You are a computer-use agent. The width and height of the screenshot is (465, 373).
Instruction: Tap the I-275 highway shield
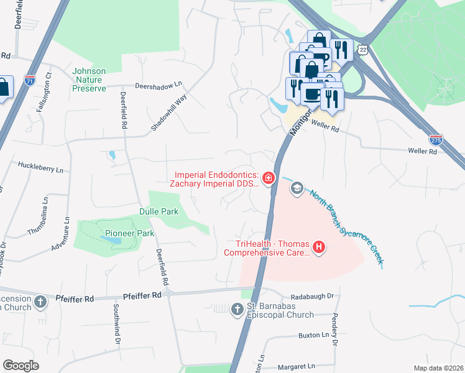pyautogui.click(x=436, y=140)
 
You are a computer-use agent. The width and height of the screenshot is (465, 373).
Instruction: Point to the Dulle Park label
pyautogui.click(x=159, y=212)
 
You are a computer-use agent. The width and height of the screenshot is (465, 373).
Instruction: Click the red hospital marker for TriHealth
pyautogui.click(x=319, y=247)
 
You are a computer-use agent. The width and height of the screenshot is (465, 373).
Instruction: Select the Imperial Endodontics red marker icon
pyautogui.click(x=269, y=179)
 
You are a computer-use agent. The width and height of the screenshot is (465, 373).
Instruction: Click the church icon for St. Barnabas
pyautogui.click(x=237, y=309)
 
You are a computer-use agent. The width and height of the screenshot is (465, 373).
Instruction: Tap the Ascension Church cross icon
pyautogui.click(x=40, y=303)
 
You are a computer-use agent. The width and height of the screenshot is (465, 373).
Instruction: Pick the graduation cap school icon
pyautogui.click(x=297, y=188)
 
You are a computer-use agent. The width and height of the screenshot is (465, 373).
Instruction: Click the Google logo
pyautogui.click(x=21, y=366)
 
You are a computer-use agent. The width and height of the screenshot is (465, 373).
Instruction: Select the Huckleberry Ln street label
pyautogui.click(x=41, y=168)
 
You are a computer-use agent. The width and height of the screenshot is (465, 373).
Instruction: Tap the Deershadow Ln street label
pyautogui.click(x=160, y=86)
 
